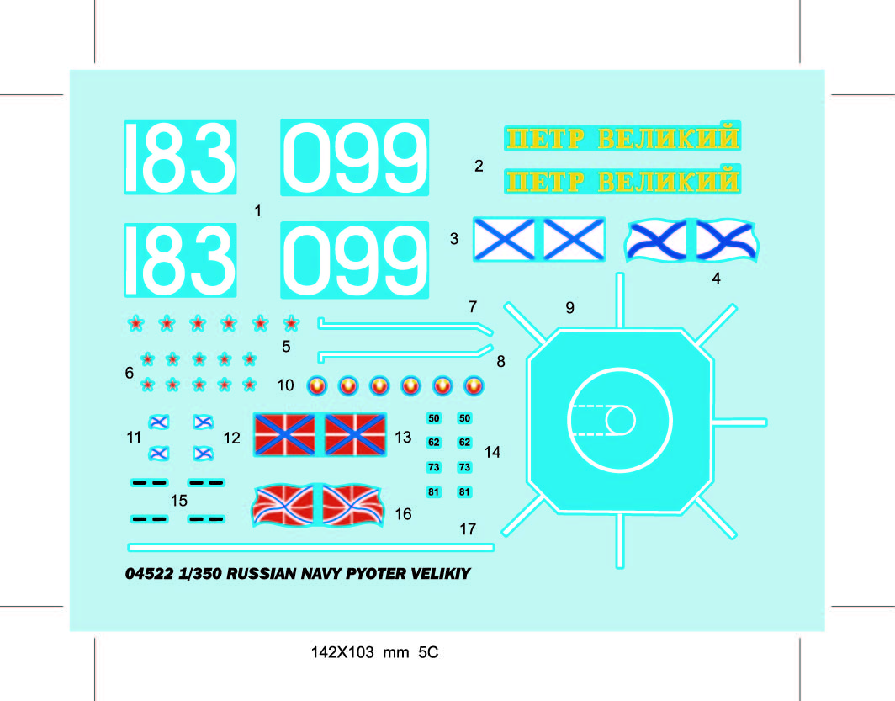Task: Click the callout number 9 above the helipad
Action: tap(569, 308)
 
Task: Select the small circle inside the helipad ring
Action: tap(621, 420)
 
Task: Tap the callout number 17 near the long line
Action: tap(468, 529)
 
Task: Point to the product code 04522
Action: tap(148, 575)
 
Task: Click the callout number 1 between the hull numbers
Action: tap(258, 211)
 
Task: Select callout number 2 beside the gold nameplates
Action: tap(479, 166)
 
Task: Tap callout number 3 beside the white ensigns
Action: tap(454, 239)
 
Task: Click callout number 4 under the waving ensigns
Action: tap(716, 279)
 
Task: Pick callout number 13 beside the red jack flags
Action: tap(403, 437)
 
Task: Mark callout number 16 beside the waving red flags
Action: tap(403, 513)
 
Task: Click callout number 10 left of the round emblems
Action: tap(286, 385)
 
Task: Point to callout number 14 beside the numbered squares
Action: tap(492, 452)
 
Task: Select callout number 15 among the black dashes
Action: tap(178, 501)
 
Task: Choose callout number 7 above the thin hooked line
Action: tap(473, 307)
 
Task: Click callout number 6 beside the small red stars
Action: tap(130, 372)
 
